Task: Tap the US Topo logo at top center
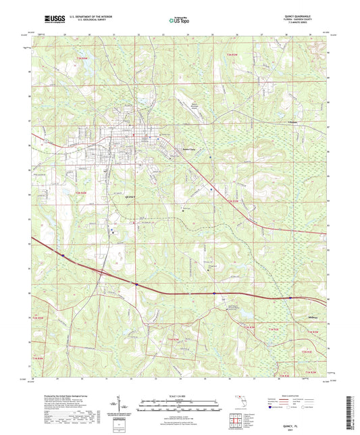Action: click(174, 22)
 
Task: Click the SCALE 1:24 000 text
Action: click(180, 396)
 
